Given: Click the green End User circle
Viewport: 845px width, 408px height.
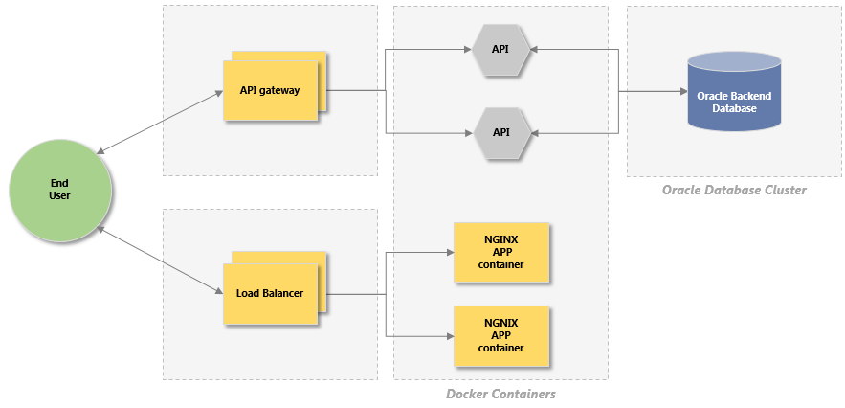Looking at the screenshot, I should click(x=59, y=189).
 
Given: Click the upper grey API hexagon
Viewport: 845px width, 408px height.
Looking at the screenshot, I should click(x=501, y=49).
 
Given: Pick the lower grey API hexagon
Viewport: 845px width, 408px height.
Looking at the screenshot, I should click(x=501, y=132).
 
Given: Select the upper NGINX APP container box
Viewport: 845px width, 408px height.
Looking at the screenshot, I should click(x=501, y=252).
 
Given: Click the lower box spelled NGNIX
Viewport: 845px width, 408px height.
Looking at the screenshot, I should click(x=501, y=335).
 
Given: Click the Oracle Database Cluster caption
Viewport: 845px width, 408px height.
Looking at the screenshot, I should click(x=734, y=190).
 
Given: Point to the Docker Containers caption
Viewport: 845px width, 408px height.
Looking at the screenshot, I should click(x=500, y=394).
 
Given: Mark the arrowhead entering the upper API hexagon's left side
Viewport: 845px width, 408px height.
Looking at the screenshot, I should click(x=469, y=49).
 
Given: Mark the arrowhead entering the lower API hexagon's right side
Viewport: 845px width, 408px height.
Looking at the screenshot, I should click(x=534, y=132).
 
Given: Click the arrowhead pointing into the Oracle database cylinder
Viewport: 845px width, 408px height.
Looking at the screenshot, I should click(x=683, y=92).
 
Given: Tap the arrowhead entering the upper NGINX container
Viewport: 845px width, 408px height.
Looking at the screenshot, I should click(x=450, y=253).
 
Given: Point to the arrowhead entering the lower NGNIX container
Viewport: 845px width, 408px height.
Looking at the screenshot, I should click(x=450, y=336).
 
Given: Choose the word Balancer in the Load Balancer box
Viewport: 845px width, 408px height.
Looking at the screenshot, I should click(x=283, y=292).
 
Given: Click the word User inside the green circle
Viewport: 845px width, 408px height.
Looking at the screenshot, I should click(x=59, y=195).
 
